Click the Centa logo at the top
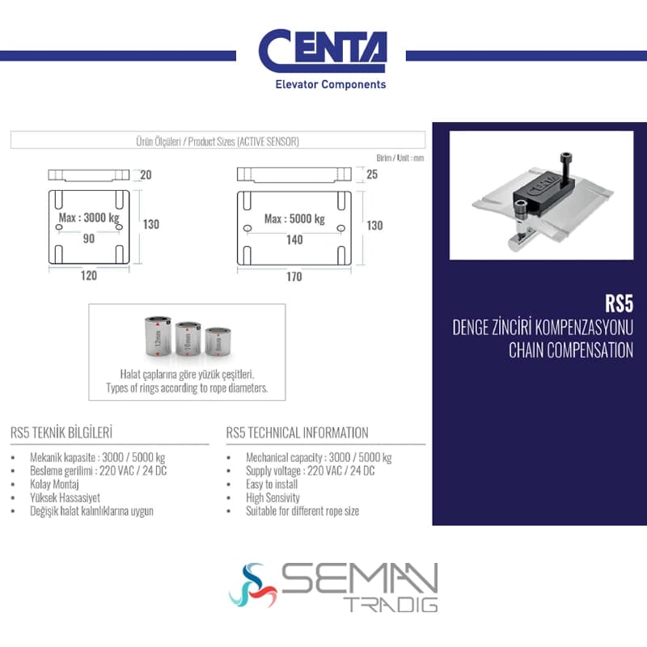point(323,58)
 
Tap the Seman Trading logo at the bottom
point(333,586)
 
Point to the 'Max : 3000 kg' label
point(89,218)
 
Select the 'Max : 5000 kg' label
point(294,218)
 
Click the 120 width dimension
point(89,276)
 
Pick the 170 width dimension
point(294,277)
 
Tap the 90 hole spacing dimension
point(89,239)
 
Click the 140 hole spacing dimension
point(294,239)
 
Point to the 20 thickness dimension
point(146,175)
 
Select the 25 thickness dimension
point(372,175)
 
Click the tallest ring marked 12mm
point(158,336)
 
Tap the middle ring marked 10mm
point(188,339)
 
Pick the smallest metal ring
point(218,341)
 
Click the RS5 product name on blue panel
point(619,304)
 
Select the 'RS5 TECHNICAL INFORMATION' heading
point(297,433)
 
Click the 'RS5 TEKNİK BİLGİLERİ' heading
point(61,433)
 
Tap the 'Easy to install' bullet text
point(272,484)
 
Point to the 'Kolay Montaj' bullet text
point(54,484)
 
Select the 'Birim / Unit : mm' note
point(400,158)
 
